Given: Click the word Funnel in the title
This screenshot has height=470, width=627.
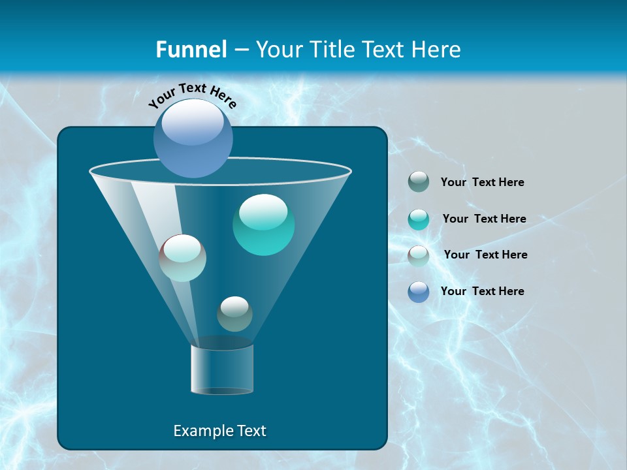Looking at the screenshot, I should pyautogui.click(x=191, y=49).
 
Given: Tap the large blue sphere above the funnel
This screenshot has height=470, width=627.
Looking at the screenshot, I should pyautogui.click(x=193, y=138).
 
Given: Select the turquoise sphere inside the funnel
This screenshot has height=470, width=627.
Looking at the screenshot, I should pyautogui.click(x=263, y=225).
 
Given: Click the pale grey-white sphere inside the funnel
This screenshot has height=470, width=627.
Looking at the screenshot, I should pyautogui.click(x=183, y=258).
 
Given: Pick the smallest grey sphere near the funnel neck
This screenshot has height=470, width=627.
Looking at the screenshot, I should pyautogui.click(x=234, y=313).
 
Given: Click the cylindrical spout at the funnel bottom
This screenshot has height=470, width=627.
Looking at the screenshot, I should pyautogui.click(x=222, y=369).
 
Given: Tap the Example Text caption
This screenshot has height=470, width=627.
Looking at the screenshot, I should pyautogui.click(x=219, y=431).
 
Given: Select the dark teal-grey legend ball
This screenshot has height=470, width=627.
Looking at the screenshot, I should pyautogui.click(x=419, y=182).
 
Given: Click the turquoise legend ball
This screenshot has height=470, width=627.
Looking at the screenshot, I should pyautogui.click(x=419, y=219).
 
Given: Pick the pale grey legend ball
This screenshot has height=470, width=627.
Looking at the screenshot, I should pyautogui.click(x=419, y=255).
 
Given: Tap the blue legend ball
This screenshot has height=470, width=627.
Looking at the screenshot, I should pyautogui.click(x=419, y=292).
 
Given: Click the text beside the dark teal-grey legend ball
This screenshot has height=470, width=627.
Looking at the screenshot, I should pyautogui.click(x=482, y=182).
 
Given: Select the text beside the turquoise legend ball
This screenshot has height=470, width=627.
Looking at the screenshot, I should pyautogui.click(x=484, y=219).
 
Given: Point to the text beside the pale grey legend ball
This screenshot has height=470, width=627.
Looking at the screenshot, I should pyautogui.click(x=485, y=255).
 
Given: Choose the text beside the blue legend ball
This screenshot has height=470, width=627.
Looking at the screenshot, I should pyautogui.click(x=482, y=291).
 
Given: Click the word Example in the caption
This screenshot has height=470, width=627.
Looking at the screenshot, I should pyautogui.click(x=201, y=431).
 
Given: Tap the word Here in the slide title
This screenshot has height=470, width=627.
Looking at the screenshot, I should pyautogui.click(x=436, y=49).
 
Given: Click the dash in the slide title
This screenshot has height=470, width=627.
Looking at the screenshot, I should pyautogui.click(x=240, y=50).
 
